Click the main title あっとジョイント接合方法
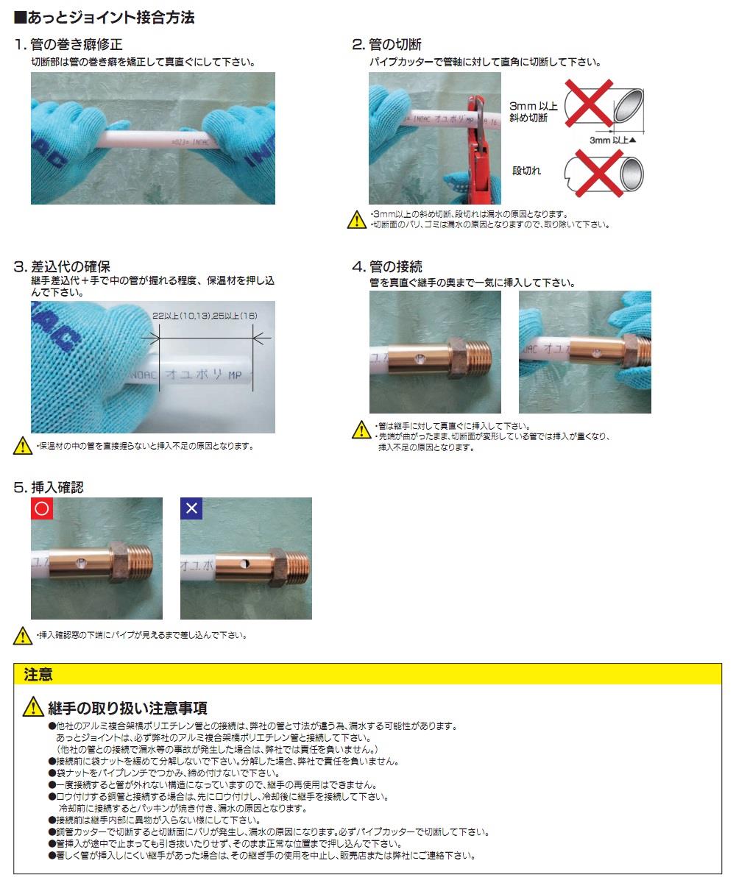[111, 18]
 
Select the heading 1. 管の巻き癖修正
[68, 44]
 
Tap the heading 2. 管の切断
[386, 44]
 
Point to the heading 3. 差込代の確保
[62, 266]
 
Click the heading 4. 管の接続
[387, 266]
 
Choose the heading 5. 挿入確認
[49, 488]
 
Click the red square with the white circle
[42, 508]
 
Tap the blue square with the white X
[191, 508]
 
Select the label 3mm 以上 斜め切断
[533, 112]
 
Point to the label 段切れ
[526, 171]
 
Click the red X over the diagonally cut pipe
[589, 103]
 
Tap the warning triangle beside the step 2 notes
[356, 220]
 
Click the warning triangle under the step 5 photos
[23, 636]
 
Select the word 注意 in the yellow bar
[38, 675]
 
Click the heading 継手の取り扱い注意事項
[127, 708]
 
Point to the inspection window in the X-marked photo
[244, 564]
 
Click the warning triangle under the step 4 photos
[361, 430]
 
